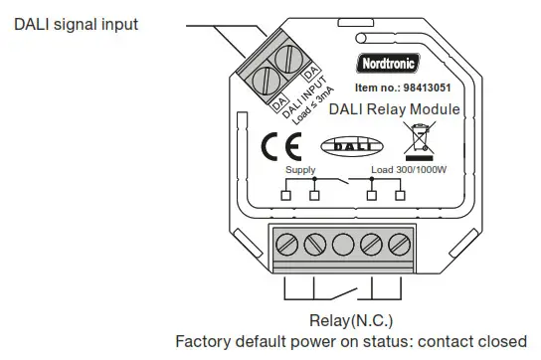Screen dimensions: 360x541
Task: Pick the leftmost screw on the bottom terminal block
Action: [289, 242]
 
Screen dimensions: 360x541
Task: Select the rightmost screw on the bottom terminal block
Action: [399, 242]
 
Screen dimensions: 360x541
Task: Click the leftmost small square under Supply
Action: [286, 196]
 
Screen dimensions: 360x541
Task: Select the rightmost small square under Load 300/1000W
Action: [401, 196]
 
